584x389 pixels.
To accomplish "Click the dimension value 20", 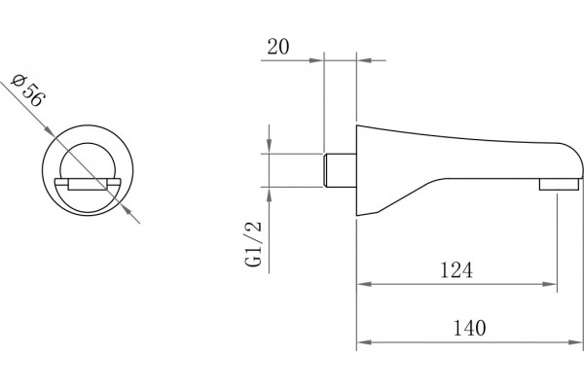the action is [x=277, y=47].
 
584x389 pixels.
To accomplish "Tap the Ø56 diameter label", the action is [x=28, y=91].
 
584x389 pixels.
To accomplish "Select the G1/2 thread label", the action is [x=253, y=244].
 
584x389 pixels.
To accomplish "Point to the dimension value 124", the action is [x=456, y=270].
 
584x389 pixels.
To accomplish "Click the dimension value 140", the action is [x=469, y=328].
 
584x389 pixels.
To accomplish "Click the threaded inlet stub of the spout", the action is [x=340, y=170].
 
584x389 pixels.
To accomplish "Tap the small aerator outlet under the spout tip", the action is [x=559, y=184].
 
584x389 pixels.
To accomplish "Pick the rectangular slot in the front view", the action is [x=88, y=184].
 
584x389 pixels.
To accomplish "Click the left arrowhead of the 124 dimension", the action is [x=364, y=284].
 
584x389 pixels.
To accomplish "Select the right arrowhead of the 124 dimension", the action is [x=550, y=284].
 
